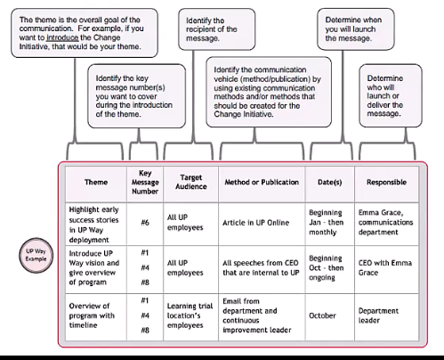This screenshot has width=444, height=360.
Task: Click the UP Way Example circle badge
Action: click(36, 255)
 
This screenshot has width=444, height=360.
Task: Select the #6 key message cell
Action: click(145, 223)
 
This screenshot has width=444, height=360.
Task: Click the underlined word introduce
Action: click(62, 37)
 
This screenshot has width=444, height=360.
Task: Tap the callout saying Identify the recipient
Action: click(217, 29)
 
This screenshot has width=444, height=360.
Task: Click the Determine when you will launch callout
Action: click(356, 29)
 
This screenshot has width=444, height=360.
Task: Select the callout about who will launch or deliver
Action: click(391, 95)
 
